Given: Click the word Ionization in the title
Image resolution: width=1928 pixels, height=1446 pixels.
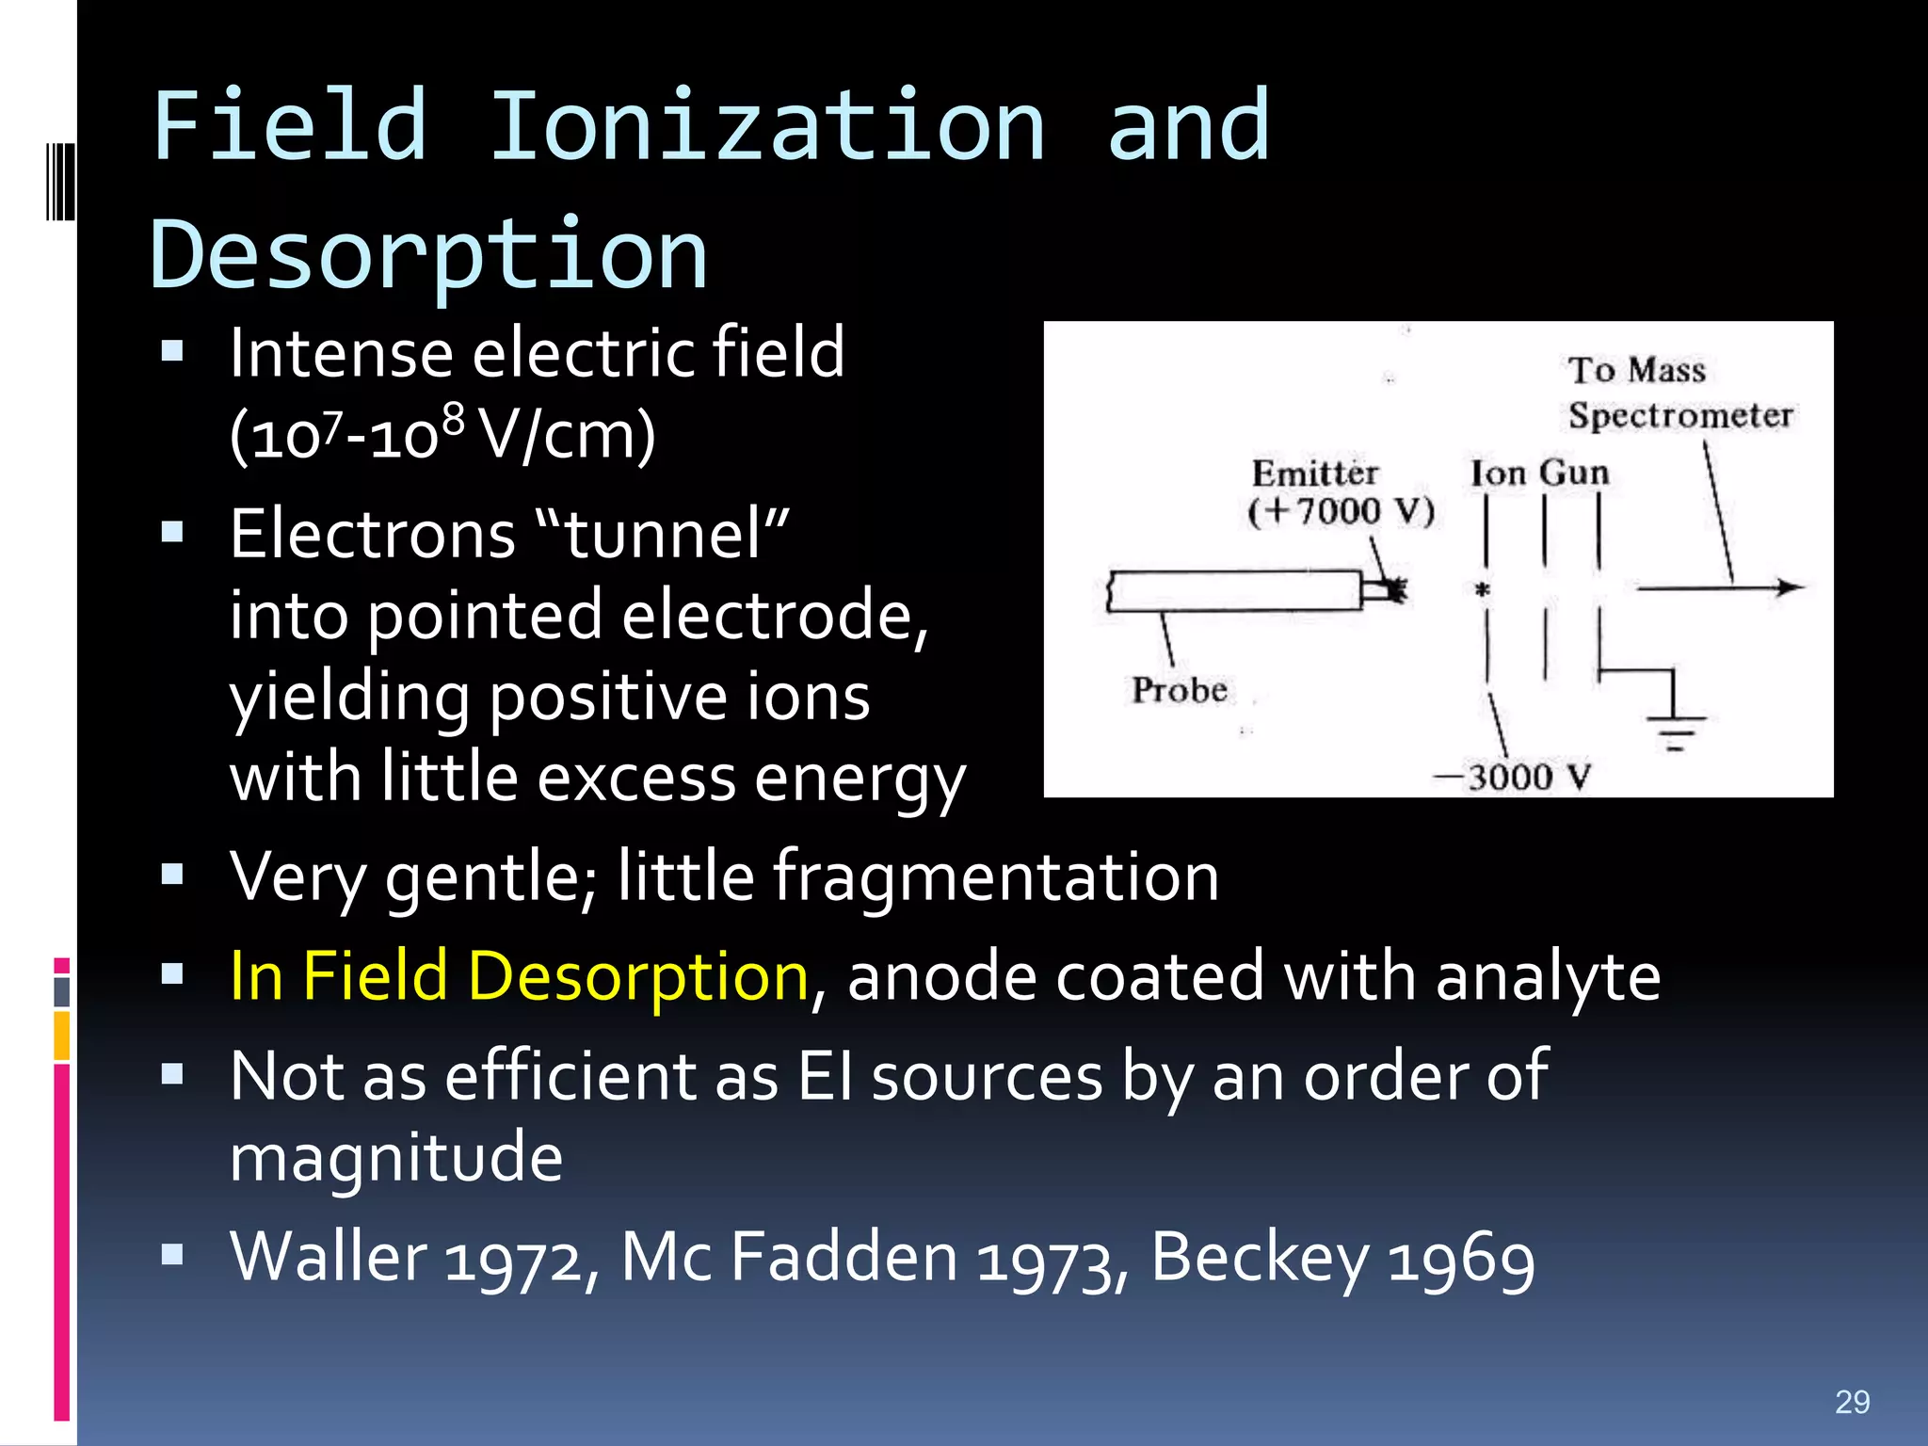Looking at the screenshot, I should click(767, 127).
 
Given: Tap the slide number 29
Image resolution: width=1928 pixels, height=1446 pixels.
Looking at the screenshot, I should click(1852, 1402).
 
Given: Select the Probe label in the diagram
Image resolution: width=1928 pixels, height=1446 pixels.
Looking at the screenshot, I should click(1179, 690).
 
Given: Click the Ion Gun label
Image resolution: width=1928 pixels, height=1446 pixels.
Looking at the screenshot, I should click(1539, 473).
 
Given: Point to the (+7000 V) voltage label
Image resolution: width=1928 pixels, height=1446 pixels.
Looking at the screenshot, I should click(1341, 511).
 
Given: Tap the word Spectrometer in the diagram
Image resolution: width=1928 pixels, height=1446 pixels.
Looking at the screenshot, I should click(1679, 415).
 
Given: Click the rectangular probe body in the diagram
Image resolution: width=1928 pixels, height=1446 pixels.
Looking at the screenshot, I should click(1234, 591).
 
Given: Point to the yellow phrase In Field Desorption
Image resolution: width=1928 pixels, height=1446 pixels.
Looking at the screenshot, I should click(519, 976).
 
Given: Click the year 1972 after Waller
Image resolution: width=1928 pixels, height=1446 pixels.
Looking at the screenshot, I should click(513, 1259).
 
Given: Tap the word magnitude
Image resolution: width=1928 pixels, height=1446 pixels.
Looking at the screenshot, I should click(396, 1157).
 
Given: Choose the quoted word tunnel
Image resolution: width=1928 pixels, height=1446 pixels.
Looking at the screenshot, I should click(664, 534).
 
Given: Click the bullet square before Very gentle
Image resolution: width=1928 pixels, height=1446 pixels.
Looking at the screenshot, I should click(172, 876).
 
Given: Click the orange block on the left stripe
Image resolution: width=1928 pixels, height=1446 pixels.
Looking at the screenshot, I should click(62, 1036).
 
